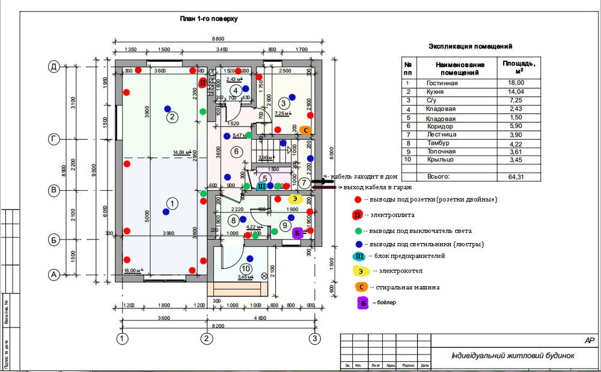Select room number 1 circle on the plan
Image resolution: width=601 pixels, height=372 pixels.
[x=172, y=204]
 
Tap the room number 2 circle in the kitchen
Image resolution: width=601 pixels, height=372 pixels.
[x=172, y=117]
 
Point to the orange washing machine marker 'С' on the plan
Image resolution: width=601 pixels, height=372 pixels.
[x=305, y=130]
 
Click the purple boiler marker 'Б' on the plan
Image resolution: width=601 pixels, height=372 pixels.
[x=297, y=233]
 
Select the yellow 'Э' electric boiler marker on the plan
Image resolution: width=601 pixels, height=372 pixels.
[x=294, y=198]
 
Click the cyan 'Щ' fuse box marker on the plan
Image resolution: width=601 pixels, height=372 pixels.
[x=261, y=187]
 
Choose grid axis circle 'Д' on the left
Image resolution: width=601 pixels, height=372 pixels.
[x=53, y=67]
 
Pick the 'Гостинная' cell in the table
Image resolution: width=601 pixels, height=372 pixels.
[x=442, y=83]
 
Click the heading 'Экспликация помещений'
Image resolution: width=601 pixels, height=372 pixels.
[x=471, y=46]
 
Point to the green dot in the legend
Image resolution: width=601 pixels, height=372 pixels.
[x=359, y=230]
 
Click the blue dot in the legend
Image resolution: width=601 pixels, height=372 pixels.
[x=359, y=244]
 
